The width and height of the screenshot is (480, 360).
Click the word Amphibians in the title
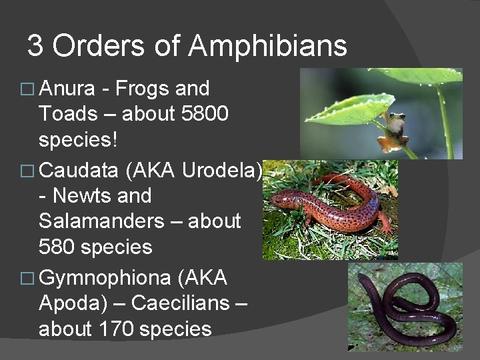[x=268, y=47]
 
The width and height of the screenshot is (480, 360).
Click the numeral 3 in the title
[x=35, y=47]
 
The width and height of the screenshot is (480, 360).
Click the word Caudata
[x=79, y=171]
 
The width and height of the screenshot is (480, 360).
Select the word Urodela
[x=221, y=171]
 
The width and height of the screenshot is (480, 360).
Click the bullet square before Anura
[x=29, y=89]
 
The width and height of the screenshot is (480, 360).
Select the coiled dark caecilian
[x=407, y=307]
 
